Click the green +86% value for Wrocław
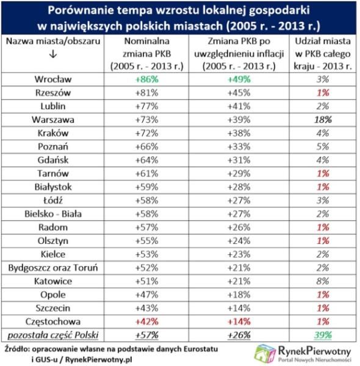click(147, 79)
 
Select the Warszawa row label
click(53, 120)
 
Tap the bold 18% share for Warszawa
click(323, 120)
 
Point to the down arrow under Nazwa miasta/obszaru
click(53, 54)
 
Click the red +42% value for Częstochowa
click(147, 321)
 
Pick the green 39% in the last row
click(323, 335)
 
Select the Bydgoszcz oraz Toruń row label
click(53, 268)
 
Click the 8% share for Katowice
click(323, 281)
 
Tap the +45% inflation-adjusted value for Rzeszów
click(239, 93)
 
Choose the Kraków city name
click(53, 133)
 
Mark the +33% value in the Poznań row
click(239, 147)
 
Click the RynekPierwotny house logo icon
click(265, 353)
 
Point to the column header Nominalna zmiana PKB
click(147, 54)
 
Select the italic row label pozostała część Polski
click(53, 335)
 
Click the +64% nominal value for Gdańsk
click(147, 160)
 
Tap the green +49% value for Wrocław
click(239, 79)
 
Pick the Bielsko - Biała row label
click(53, 214)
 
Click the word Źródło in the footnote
click(16, 349)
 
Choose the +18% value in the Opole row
click(239, 295)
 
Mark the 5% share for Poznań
click(323, 147)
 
